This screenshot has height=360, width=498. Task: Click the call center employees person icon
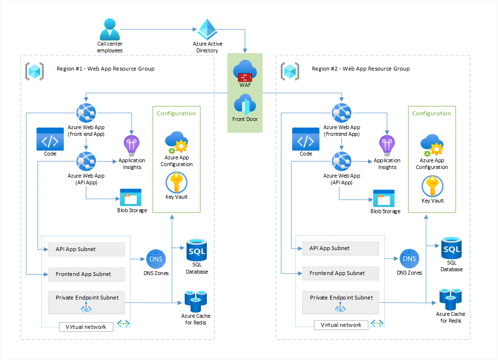coord(110,29)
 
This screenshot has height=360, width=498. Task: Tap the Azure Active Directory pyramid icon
coord(208,30)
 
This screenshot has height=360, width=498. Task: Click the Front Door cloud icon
coord(245,105)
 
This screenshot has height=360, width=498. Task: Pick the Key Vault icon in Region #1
coord(176,182)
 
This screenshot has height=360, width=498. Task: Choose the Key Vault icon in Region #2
coord(432,186)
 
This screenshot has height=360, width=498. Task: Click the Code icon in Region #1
coord(50,139)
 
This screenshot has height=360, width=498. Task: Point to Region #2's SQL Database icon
coord(451,248)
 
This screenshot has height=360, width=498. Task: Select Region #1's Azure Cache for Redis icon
coord(196,301)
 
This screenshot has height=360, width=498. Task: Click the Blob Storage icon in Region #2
coord(384,198)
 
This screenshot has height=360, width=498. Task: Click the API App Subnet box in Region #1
coord(86,249)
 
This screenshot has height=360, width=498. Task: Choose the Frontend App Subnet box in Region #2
coord(341,273)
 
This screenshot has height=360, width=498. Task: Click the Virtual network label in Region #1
coord(86,327)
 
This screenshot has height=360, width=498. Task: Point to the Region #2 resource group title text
coord(361,69)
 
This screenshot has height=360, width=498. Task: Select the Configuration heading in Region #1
coord(176,114)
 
